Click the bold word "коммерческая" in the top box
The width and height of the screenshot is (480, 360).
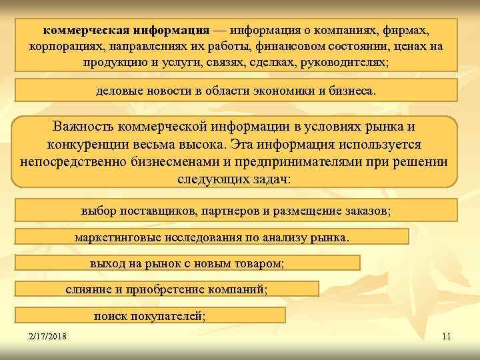[x=85, y=31]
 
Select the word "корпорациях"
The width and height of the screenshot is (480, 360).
[x=61, y=47]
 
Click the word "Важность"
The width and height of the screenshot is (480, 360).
[x=83, y=126]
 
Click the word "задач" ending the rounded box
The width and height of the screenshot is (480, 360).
[x=273, y=180]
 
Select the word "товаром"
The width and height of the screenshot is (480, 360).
[x=255, y=263]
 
